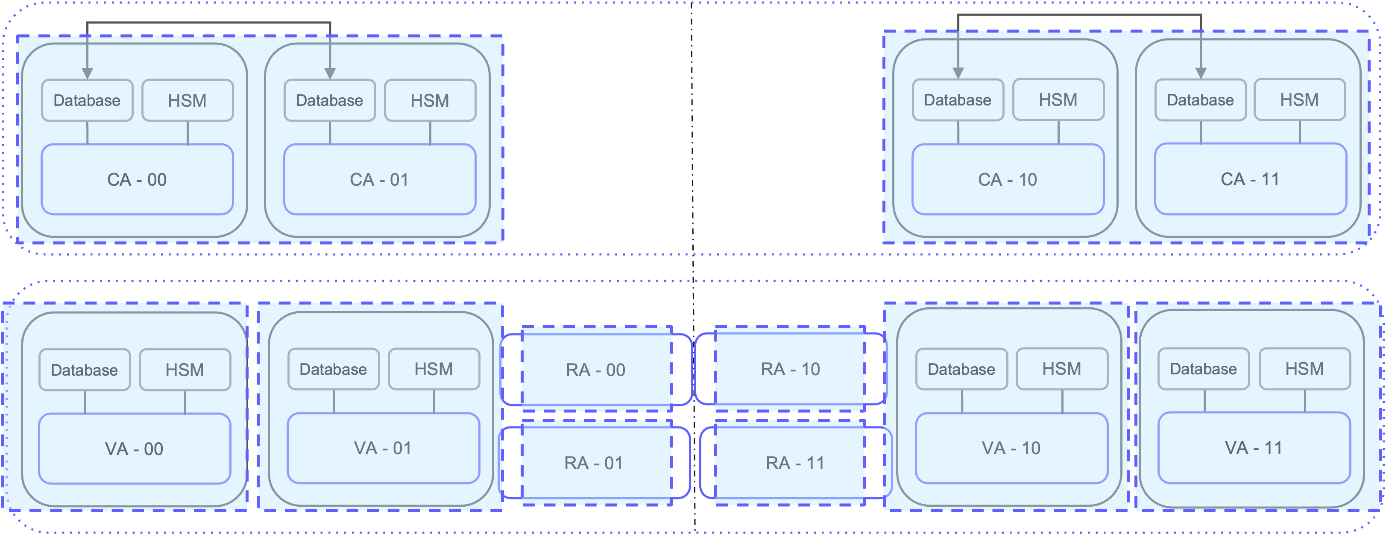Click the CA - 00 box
tap(137, 179)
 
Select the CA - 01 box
tap(379, 179)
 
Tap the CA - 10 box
tap(1008, 179)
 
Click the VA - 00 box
tap(135, 449)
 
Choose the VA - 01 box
tap(383, 448)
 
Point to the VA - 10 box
tap(1011, 448)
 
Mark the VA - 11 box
tap(1254, 447)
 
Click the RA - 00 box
tap(595, 369)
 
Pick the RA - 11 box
tap(795, 462)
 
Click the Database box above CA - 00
tap(87, 101)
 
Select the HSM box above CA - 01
tap(430, 101)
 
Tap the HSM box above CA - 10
tap(1058, 100)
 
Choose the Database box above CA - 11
tap(1200, 100)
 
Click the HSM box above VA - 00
tap(185, 370)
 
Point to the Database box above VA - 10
tap(961, 369)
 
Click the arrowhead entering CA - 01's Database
tap(330, 74)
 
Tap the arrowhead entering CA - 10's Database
tap(958, 73)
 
